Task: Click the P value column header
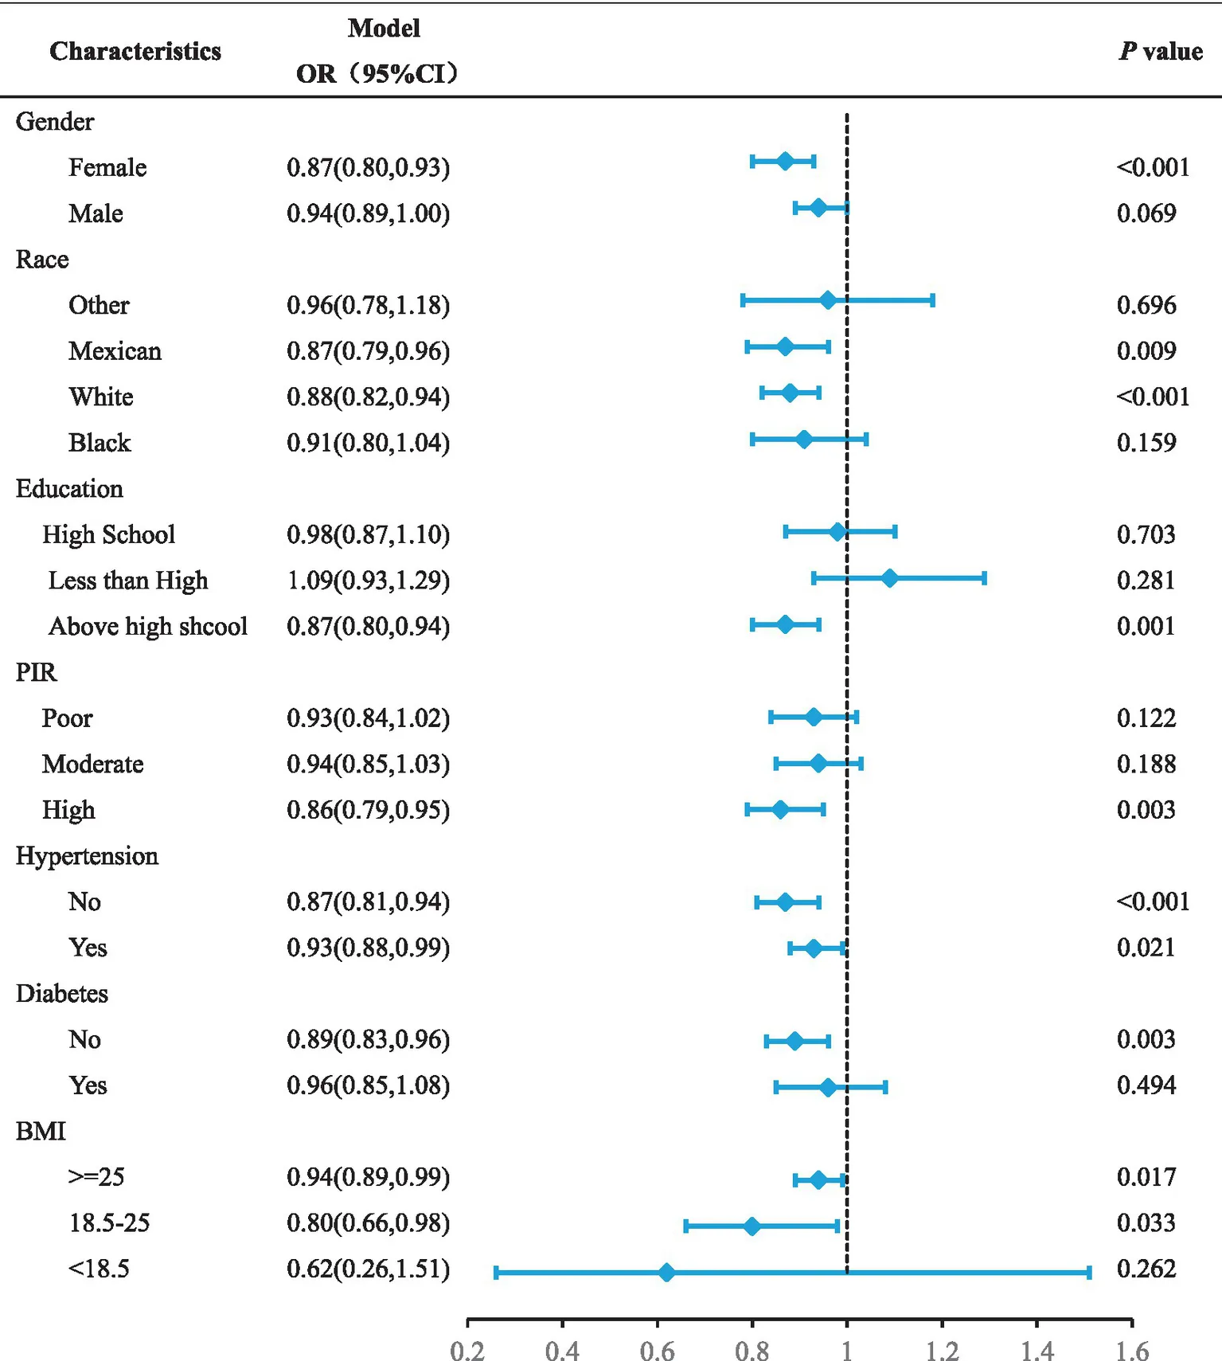1160,52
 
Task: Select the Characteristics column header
135,52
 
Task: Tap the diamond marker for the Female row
785,161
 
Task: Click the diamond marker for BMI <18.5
666,1273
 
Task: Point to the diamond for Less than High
889,578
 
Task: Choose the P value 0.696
1146,305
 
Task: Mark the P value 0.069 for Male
1146,213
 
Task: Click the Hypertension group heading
87,856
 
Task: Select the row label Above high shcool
148,627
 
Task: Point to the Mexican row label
115,351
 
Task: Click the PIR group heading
37,672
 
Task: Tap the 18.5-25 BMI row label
109,1222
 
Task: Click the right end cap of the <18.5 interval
1089,1273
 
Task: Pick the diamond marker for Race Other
828,300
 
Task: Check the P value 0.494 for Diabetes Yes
1146,1085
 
